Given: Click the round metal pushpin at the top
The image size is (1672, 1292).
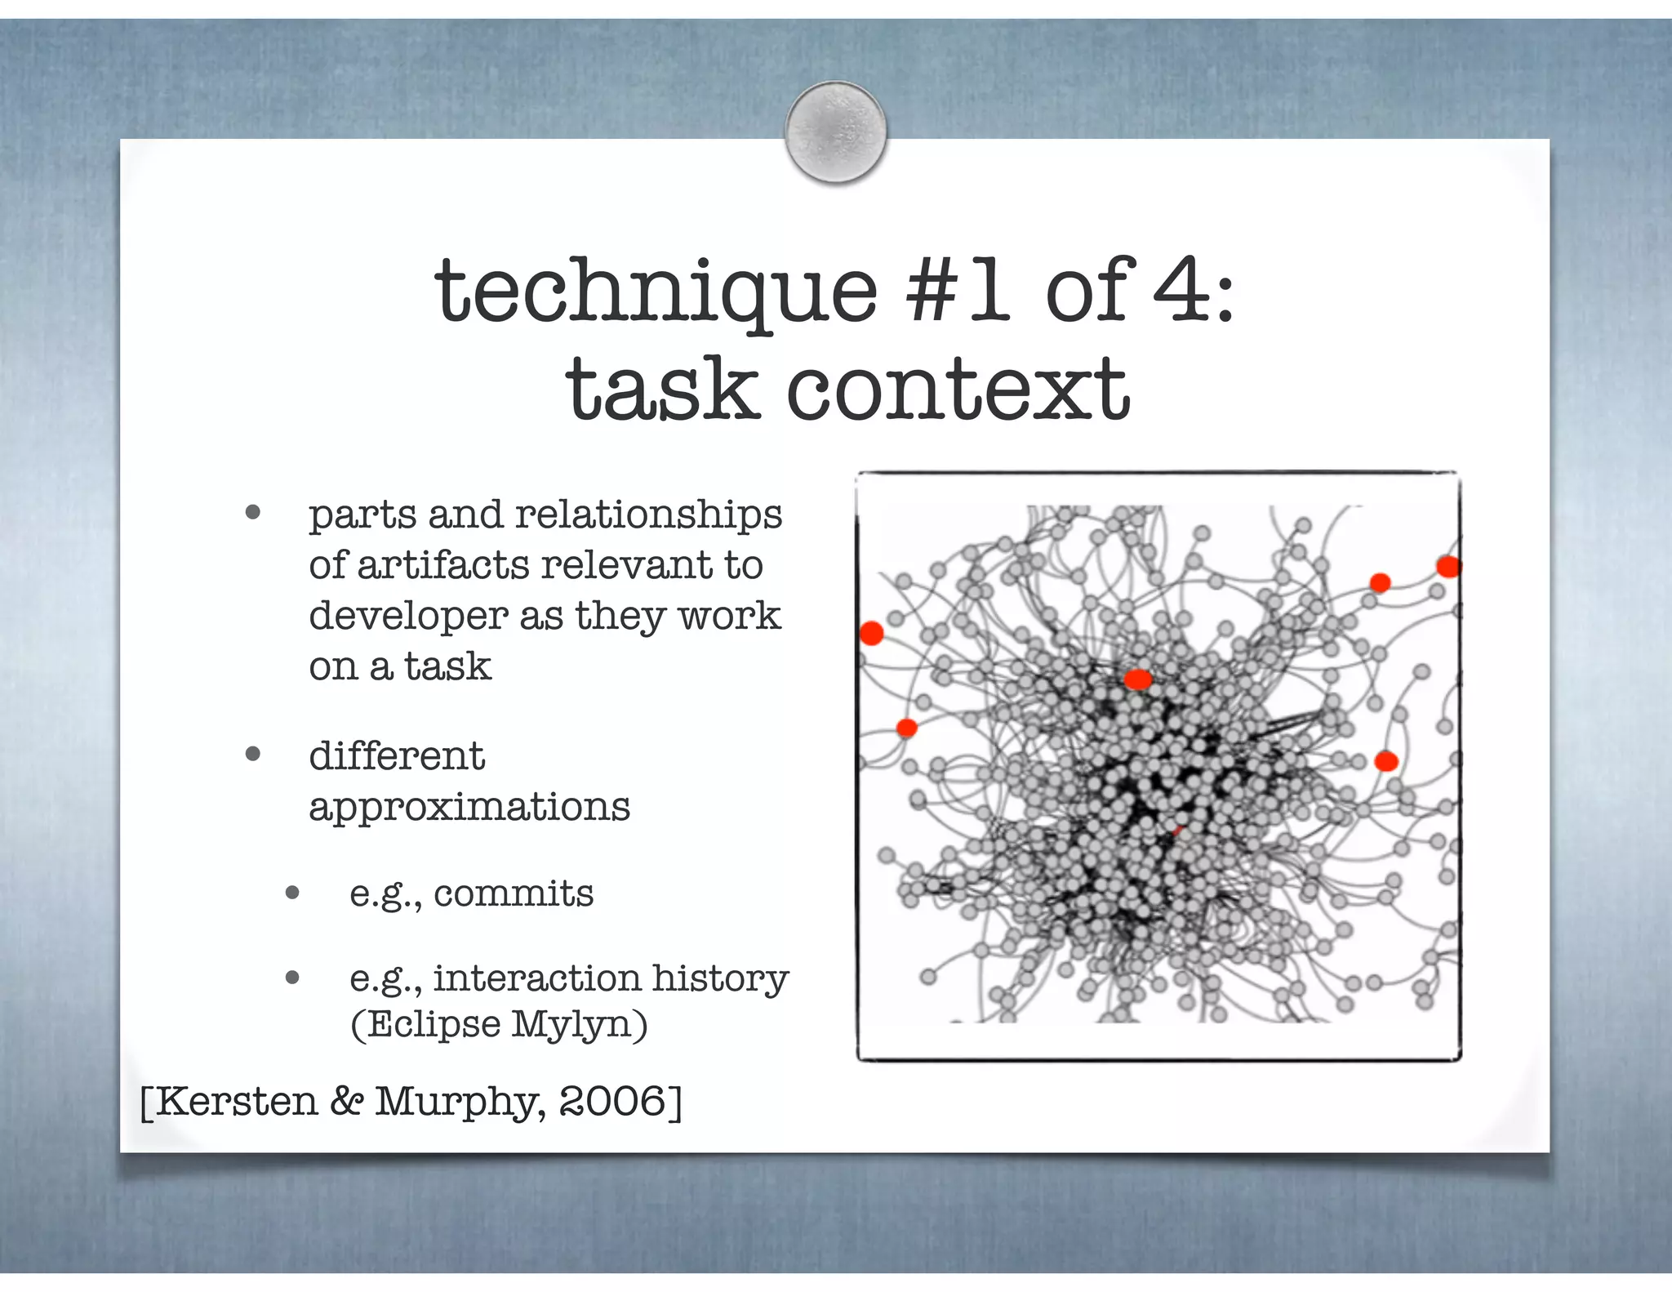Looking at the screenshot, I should [835, 131].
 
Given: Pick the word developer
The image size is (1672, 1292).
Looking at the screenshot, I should [408, 617].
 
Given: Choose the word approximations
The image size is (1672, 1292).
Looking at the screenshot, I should [469, 808].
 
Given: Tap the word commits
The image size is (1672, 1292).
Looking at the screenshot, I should [513, 893].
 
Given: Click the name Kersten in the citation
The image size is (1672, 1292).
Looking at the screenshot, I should [236, 1102].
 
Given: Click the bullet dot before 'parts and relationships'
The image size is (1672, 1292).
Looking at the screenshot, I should [252, 513].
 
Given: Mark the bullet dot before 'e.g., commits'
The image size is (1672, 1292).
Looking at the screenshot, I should [293, 893].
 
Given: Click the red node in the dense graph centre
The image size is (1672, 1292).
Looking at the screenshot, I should [1137, 679].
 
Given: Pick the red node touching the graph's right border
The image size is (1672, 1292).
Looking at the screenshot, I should [1448, 566].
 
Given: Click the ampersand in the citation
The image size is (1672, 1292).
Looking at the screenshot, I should [346, 1102].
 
